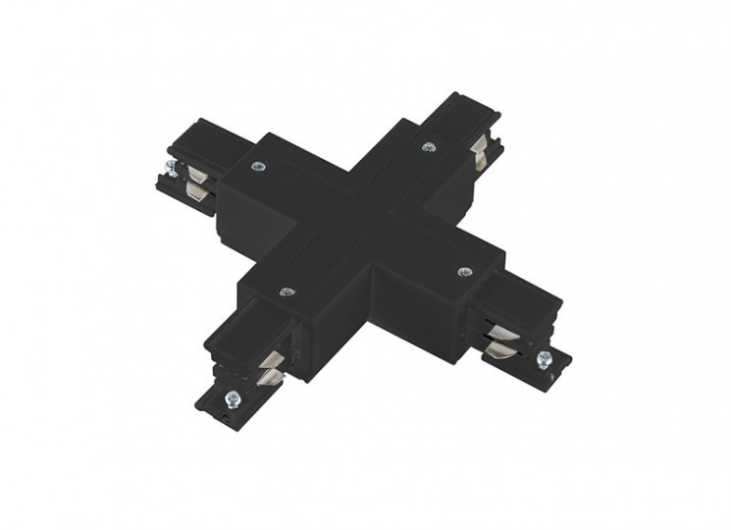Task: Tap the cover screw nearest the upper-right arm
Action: [x=427, y=147]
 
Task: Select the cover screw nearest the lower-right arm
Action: [x=464, y=272]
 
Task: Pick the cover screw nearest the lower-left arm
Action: [x=287, y=291]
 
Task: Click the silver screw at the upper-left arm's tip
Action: [x=171, y=168]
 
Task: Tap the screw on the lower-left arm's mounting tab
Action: [x=232, y=398]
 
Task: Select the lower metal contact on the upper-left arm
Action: [x=200, y=193]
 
